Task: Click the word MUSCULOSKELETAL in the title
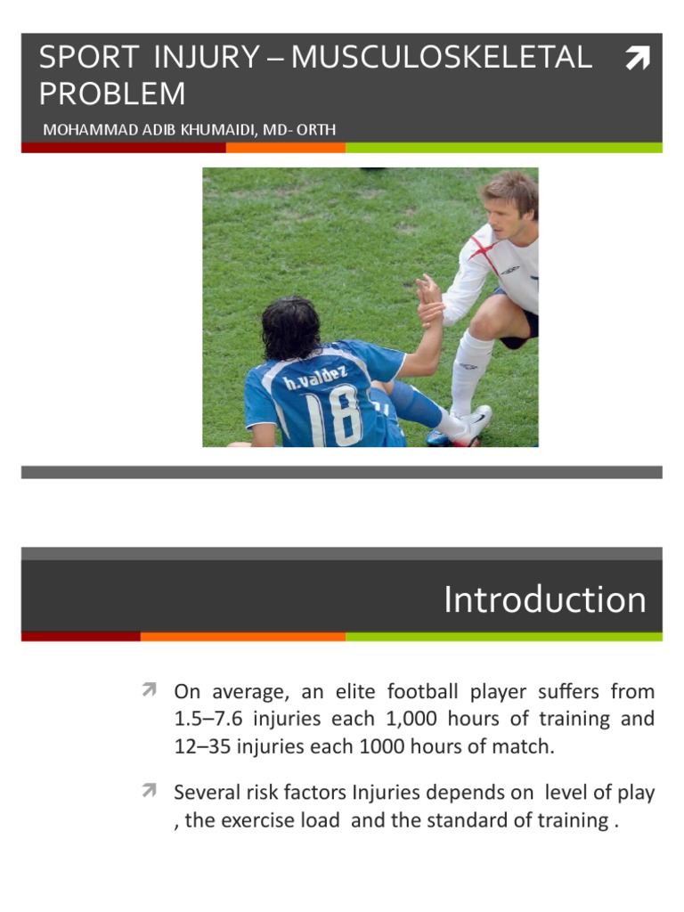[x=441, y=58]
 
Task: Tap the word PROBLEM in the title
[x=112, y=94]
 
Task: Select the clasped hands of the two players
[x=430, y=299]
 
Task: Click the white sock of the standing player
[x=468, y=375]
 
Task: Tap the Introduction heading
[x=544, y=600]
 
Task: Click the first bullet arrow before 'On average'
[x=149, y=689]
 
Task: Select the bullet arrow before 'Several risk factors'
[x=149, y=790]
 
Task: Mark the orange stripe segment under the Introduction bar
[x=242, y=637]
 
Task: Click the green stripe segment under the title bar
[x=503, y=148]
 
